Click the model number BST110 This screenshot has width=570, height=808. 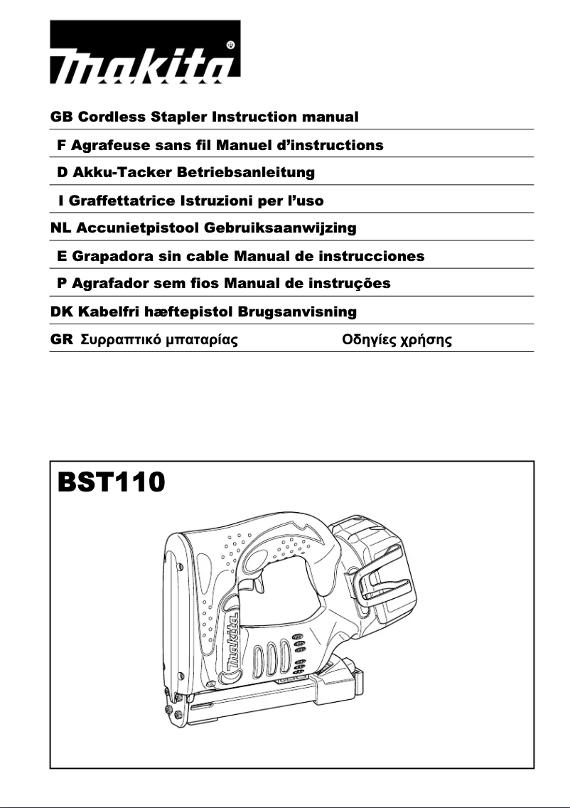[x=111, y=482]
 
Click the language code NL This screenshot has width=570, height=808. [x=59, y=228]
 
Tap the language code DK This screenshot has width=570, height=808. [x=60, y=312]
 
